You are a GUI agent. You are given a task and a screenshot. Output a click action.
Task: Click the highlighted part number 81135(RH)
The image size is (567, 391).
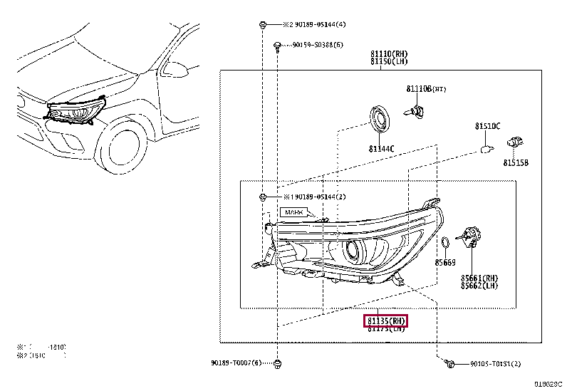(x=385, y=320)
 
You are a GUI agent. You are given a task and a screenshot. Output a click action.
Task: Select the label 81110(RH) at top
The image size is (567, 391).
(x=388, y=53)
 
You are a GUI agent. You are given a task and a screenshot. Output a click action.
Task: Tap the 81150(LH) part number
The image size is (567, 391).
(x=388, y=61)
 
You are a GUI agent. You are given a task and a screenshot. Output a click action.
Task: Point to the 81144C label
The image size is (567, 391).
(x=381, y=149)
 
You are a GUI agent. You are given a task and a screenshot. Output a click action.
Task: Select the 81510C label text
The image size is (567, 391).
(x=488, y=126)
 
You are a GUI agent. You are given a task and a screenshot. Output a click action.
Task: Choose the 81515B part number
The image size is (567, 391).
(x=516, y=163)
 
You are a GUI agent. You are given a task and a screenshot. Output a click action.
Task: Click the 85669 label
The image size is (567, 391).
(x=445, y=263)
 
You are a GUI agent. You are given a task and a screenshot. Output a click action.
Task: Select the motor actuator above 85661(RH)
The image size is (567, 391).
(x=471, y=238)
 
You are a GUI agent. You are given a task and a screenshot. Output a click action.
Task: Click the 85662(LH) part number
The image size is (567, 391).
(x=478, y=286)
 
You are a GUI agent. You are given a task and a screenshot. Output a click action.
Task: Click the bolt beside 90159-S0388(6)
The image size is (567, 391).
(x=276, y=46)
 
